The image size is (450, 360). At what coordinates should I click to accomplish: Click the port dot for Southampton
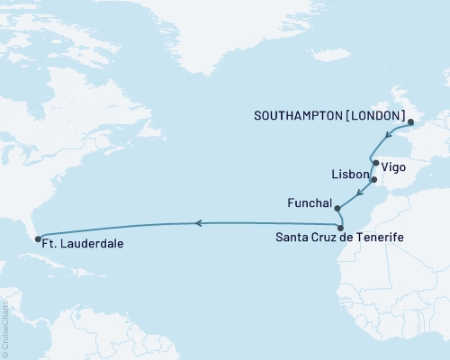point(409,121)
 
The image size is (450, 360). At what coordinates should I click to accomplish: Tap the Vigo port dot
point(375,163)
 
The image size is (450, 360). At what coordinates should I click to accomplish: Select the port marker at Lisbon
point(373,179)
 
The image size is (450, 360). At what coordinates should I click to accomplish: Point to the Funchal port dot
point(337,208)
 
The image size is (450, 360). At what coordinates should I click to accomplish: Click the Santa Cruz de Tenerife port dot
point(342,228)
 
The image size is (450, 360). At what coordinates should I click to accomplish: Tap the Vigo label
point(393,166)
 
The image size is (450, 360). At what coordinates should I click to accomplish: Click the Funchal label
point(310,202)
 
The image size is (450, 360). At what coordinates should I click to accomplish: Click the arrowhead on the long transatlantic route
point(201,221)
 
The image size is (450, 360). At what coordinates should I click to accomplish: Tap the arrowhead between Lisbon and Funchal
point(359,194)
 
